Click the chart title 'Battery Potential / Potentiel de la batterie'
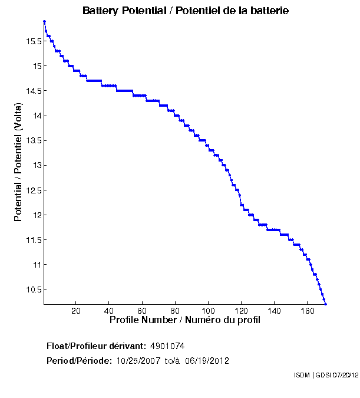[x=186, y=11]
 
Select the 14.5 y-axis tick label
[x=33, y=91]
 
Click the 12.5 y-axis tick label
[x=33, y=190]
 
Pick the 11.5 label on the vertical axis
[x=33, y=240]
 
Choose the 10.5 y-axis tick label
[x=33, y=290]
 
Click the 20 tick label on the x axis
[x=76, y=311]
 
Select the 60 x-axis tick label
[x=143, y=311]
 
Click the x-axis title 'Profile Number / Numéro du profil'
[x=185, y=320]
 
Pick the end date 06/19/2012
[x=207, y=361]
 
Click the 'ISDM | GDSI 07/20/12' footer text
[x=325, y=375]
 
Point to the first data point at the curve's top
[x=44, y=21]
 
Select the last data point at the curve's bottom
[x=325, y=304]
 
